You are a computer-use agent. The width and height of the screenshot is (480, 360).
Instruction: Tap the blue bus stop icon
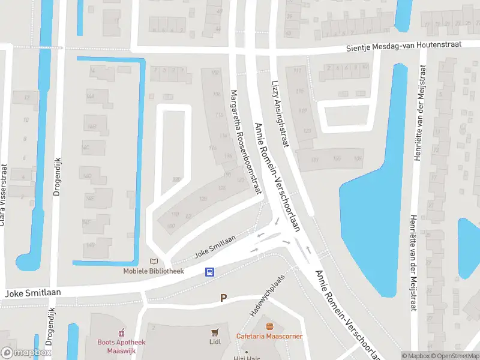(210, 272)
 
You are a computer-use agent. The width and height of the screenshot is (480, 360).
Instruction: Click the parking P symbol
(224, 298)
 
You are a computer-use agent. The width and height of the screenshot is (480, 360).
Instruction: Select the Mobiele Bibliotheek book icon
(154, 262)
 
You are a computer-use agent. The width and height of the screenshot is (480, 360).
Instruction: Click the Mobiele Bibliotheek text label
(154, 271)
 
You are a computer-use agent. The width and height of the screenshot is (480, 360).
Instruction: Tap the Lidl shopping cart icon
(215, 332)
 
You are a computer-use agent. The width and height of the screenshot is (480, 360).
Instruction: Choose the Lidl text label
(215, 342)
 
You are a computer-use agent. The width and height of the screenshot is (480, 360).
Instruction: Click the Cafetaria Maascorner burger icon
(269, 326)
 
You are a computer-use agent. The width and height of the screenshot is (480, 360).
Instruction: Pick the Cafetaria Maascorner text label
(269, 336)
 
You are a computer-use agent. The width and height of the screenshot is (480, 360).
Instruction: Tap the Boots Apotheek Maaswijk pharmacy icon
(122, 332)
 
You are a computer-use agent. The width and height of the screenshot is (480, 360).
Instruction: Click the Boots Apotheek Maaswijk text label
(122, 346)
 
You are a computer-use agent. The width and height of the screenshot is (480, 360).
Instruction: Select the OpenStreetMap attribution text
(457, 356)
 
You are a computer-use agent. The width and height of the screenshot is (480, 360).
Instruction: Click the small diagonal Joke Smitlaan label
(214, 247)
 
